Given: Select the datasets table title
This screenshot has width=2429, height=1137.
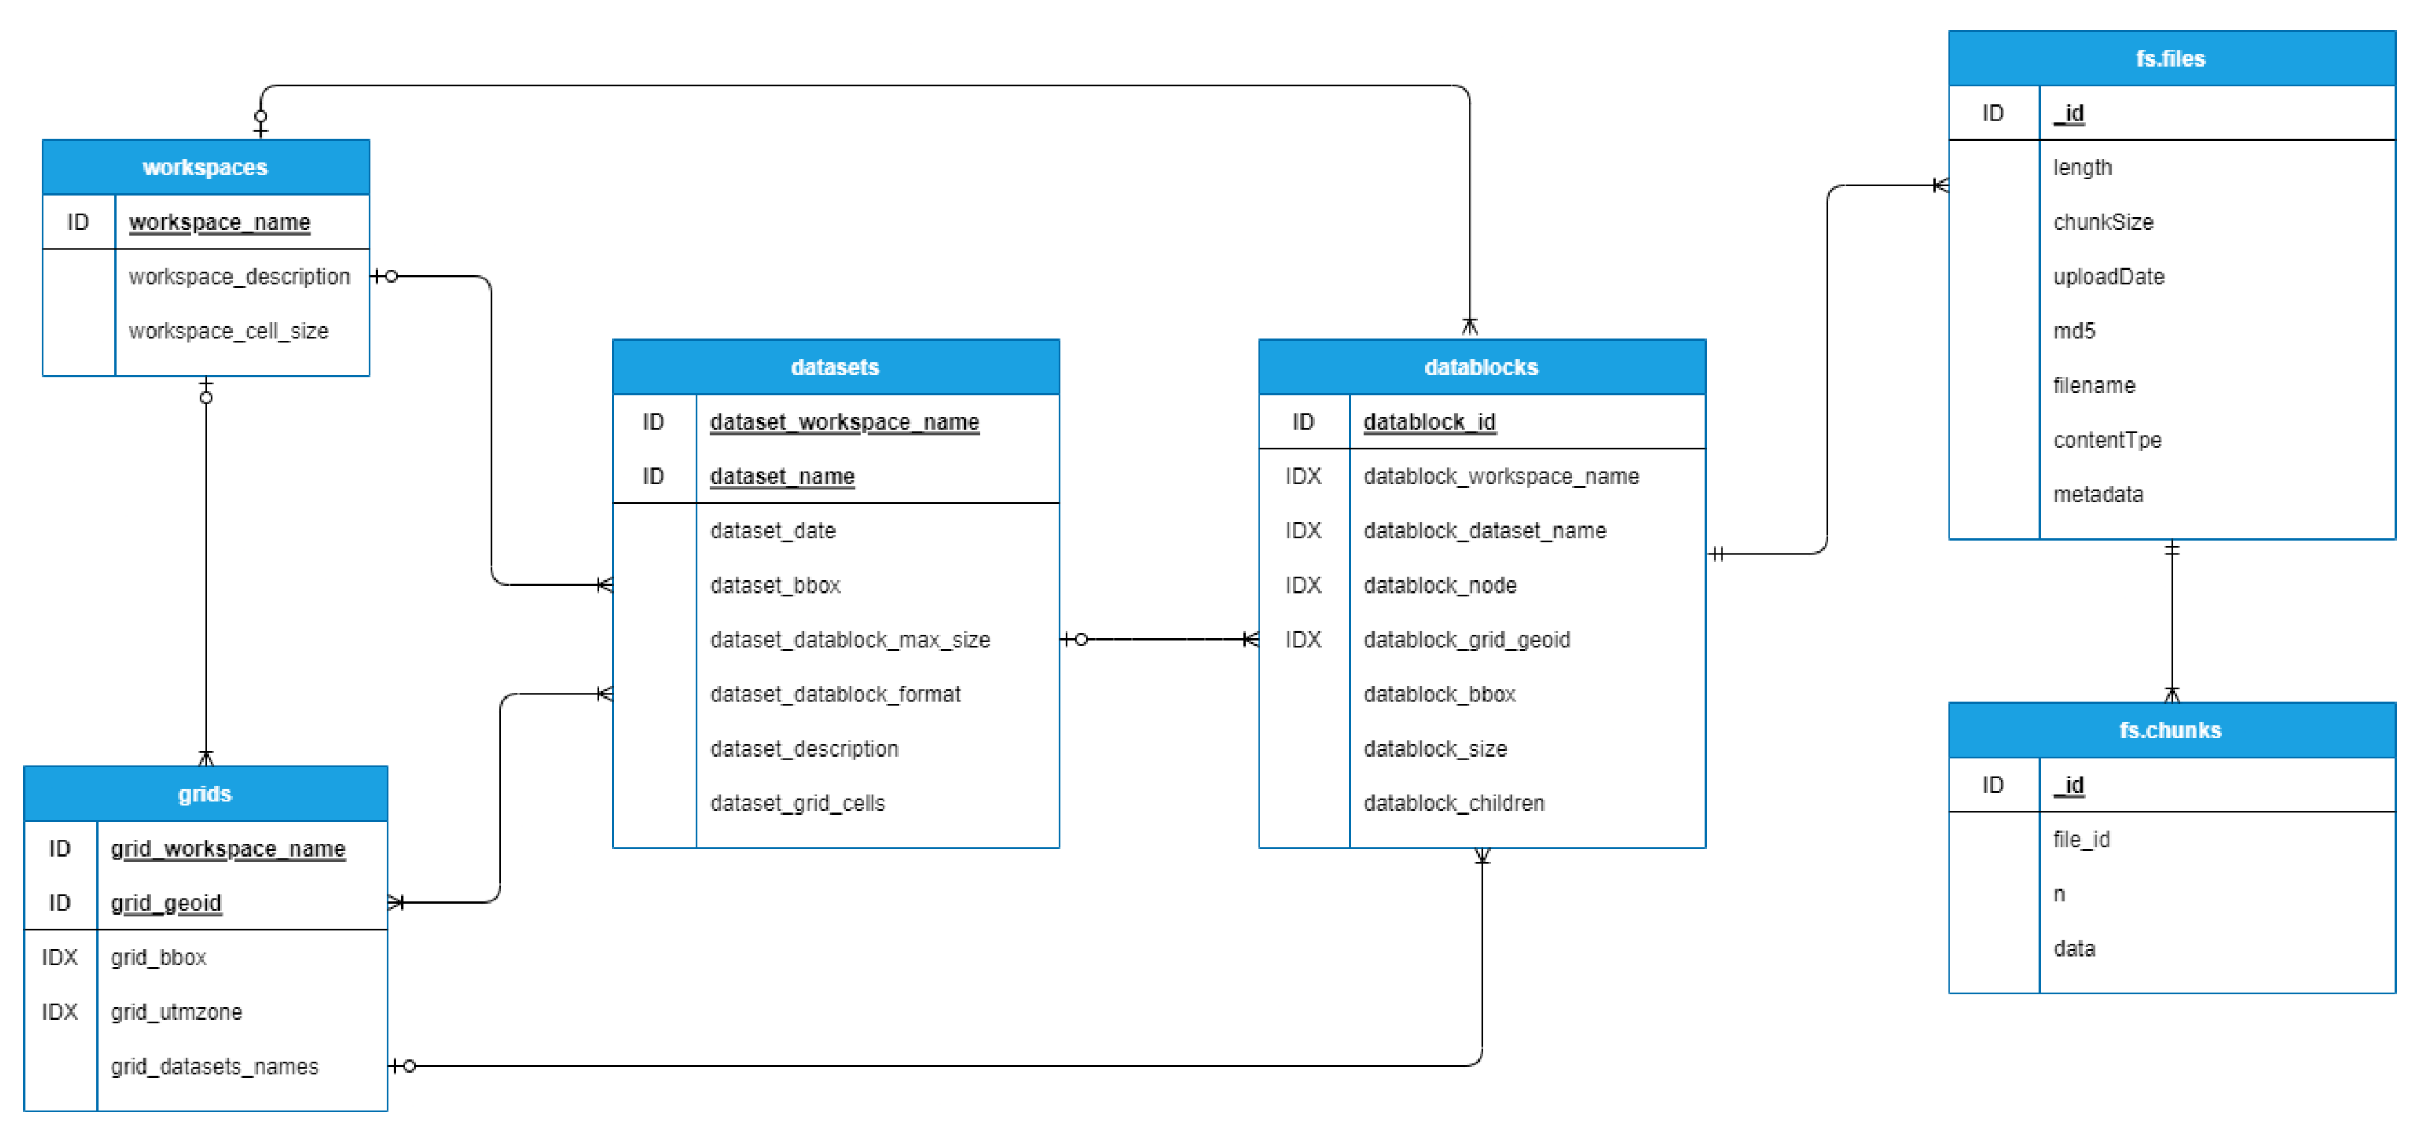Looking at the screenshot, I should point(835,367).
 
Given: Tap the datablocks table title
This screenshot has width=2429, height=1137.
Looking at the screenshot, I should point(1480,367).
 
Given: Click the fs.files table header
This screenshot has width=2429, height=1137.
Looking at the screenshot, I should point(2170,59).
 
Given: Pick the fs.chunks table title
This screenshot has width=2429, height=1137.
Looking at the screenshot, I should point(2170,730).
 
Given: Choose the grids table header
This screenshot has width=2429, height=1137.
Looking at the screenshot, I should point(204,794).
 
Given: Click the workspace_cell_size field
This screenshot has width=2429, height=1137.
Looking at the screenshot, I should point(228,331).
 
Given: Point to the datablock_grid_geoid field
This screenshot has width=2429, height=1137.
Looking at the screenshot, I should point(1466,639).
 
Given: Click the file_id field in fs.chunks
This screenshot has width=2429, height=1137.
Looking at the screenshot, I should point(2081,839).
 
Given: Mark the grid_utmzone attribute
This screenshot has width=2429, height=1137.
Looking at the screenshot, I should point(176,1012).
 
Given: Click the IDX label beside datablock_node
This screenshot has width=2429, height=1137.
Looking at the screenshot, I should point(1302,586).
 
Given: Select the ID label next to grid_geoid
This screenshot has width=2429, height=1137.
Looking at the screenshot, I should point(59,902).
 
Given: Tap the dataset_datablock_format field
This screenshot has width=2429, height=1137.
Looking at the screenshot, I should point(835,694).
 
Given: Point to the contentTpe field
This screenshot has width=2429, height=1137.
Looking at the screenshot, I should point(2107,441).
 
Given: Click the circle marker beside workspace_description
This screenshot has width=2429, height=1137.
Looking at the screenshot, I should point(391,276).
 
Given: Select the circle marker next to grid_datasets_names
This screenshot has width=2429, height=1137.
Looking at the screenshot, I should point(409,1065).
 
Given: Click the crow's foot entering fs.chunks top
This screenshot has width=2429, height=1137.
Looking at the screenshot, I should point(2172,695).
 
